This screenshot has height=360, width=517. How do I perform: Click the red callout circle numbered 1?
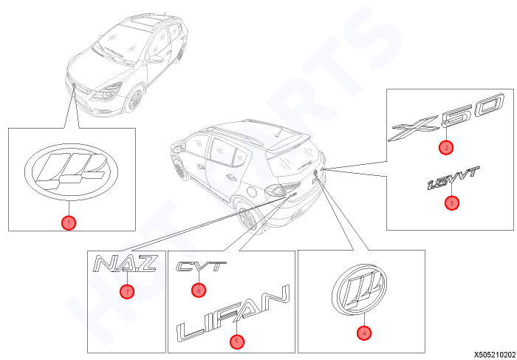(69, 223)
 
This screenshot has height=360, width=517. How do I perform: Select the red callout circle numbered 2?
(446, 148)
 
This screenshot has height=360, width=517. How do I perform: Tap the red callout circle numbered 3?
(452, 203)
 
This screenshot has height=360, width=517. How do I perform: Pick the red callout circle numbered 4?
(364, 333)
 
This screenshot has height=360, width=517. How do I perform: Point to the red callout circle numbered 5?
(237, 342)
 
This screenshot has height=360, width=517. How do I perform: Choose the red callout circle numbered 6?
(199, 291)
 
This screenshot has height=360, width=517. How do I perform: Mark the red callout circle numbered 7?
(127, 291)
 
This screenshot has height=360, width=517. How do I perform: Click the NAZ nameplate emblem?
(125, 264)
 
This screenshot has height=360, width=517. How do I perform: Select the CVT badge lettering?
(202, 266)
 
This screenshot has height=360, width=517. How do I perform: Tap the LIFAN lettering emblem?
(233, 313)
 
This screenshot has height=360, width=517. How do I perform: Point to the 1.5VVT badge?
(452, 178)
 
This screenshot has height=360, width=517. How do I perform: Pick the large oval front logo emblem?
(71, 172)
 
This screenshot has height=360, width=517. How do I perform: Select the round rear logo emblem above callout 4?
(359, 290)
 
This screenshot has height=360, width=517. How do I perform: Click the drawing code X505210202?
(494, 355)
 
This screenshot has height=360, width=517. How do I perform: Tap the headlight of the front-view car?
(106, 92)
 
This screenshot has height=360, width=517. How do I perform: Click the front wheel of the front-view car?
(135, 99)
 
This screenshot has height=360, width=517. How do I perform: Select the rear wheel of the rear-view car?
(247, 220)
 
